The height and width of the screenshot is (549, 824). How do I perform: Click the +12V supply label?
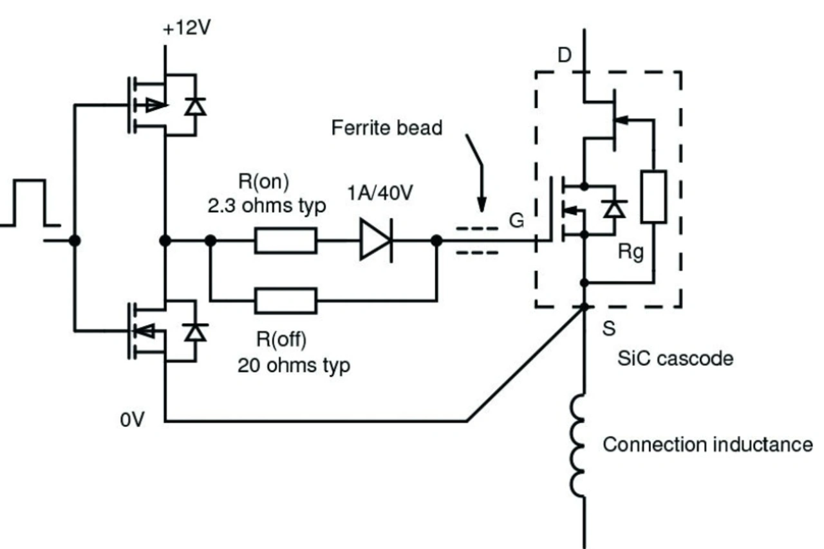[187, 28]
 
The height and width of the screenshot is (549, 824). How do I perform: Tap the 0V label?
[133, 419]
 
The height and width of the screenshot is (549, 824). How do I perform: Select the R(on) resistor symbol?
[286, 240]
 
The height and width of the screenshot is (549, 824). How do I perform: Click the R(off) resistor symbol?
[286, 301]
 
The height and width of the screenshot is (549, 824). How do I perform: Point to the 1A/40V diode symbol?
[377, 240]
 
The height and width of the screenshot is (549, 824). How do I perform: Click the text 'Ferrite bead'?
[387, 128]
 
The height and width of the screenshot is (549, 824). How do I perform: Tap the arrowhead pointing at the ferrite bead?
[482, 204]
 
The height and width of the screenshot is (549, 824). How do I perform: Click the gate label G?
[516, 221]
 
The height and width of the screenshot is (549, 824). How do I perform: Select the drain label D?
[565, 55]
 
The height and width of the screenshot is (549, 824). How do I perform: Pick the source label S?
[609, 328]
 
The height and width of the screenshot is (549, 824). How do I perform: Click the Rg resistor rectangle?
[653, 197]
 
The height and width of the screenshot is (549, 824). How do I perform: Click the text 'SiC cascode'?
[675, 358]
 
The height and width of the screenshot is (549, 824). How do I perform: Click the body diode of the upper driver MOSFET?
[195, 107]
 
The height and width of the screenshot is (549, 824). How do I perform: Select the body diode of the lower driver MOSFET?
[195, 332]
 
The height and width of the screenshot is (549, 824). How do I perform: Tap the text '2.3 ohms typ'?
[267, 206]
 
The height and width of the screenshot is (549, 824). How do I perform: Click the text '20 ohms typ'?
[294, 366]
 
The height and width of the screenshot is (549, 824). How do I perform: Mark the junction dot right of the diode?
[436, 240]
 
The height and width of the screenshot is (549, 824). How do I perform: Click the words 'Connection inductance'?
[707, 445]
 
